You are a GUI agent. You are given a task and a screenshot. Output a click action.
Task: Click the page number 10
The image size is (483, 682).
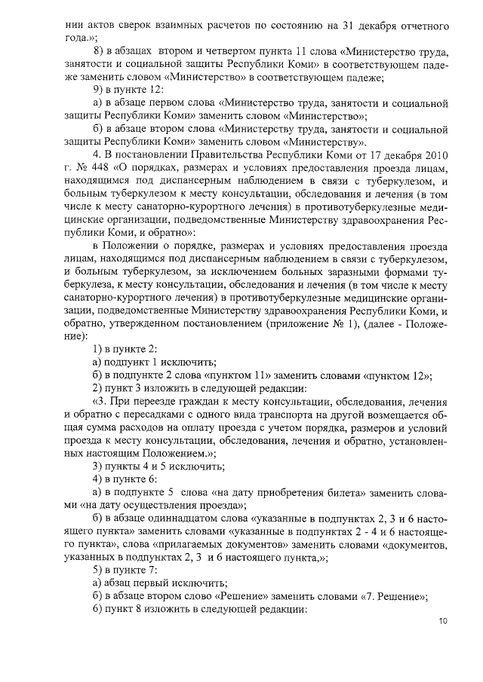pyautogui.click(x=442, y=621)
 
